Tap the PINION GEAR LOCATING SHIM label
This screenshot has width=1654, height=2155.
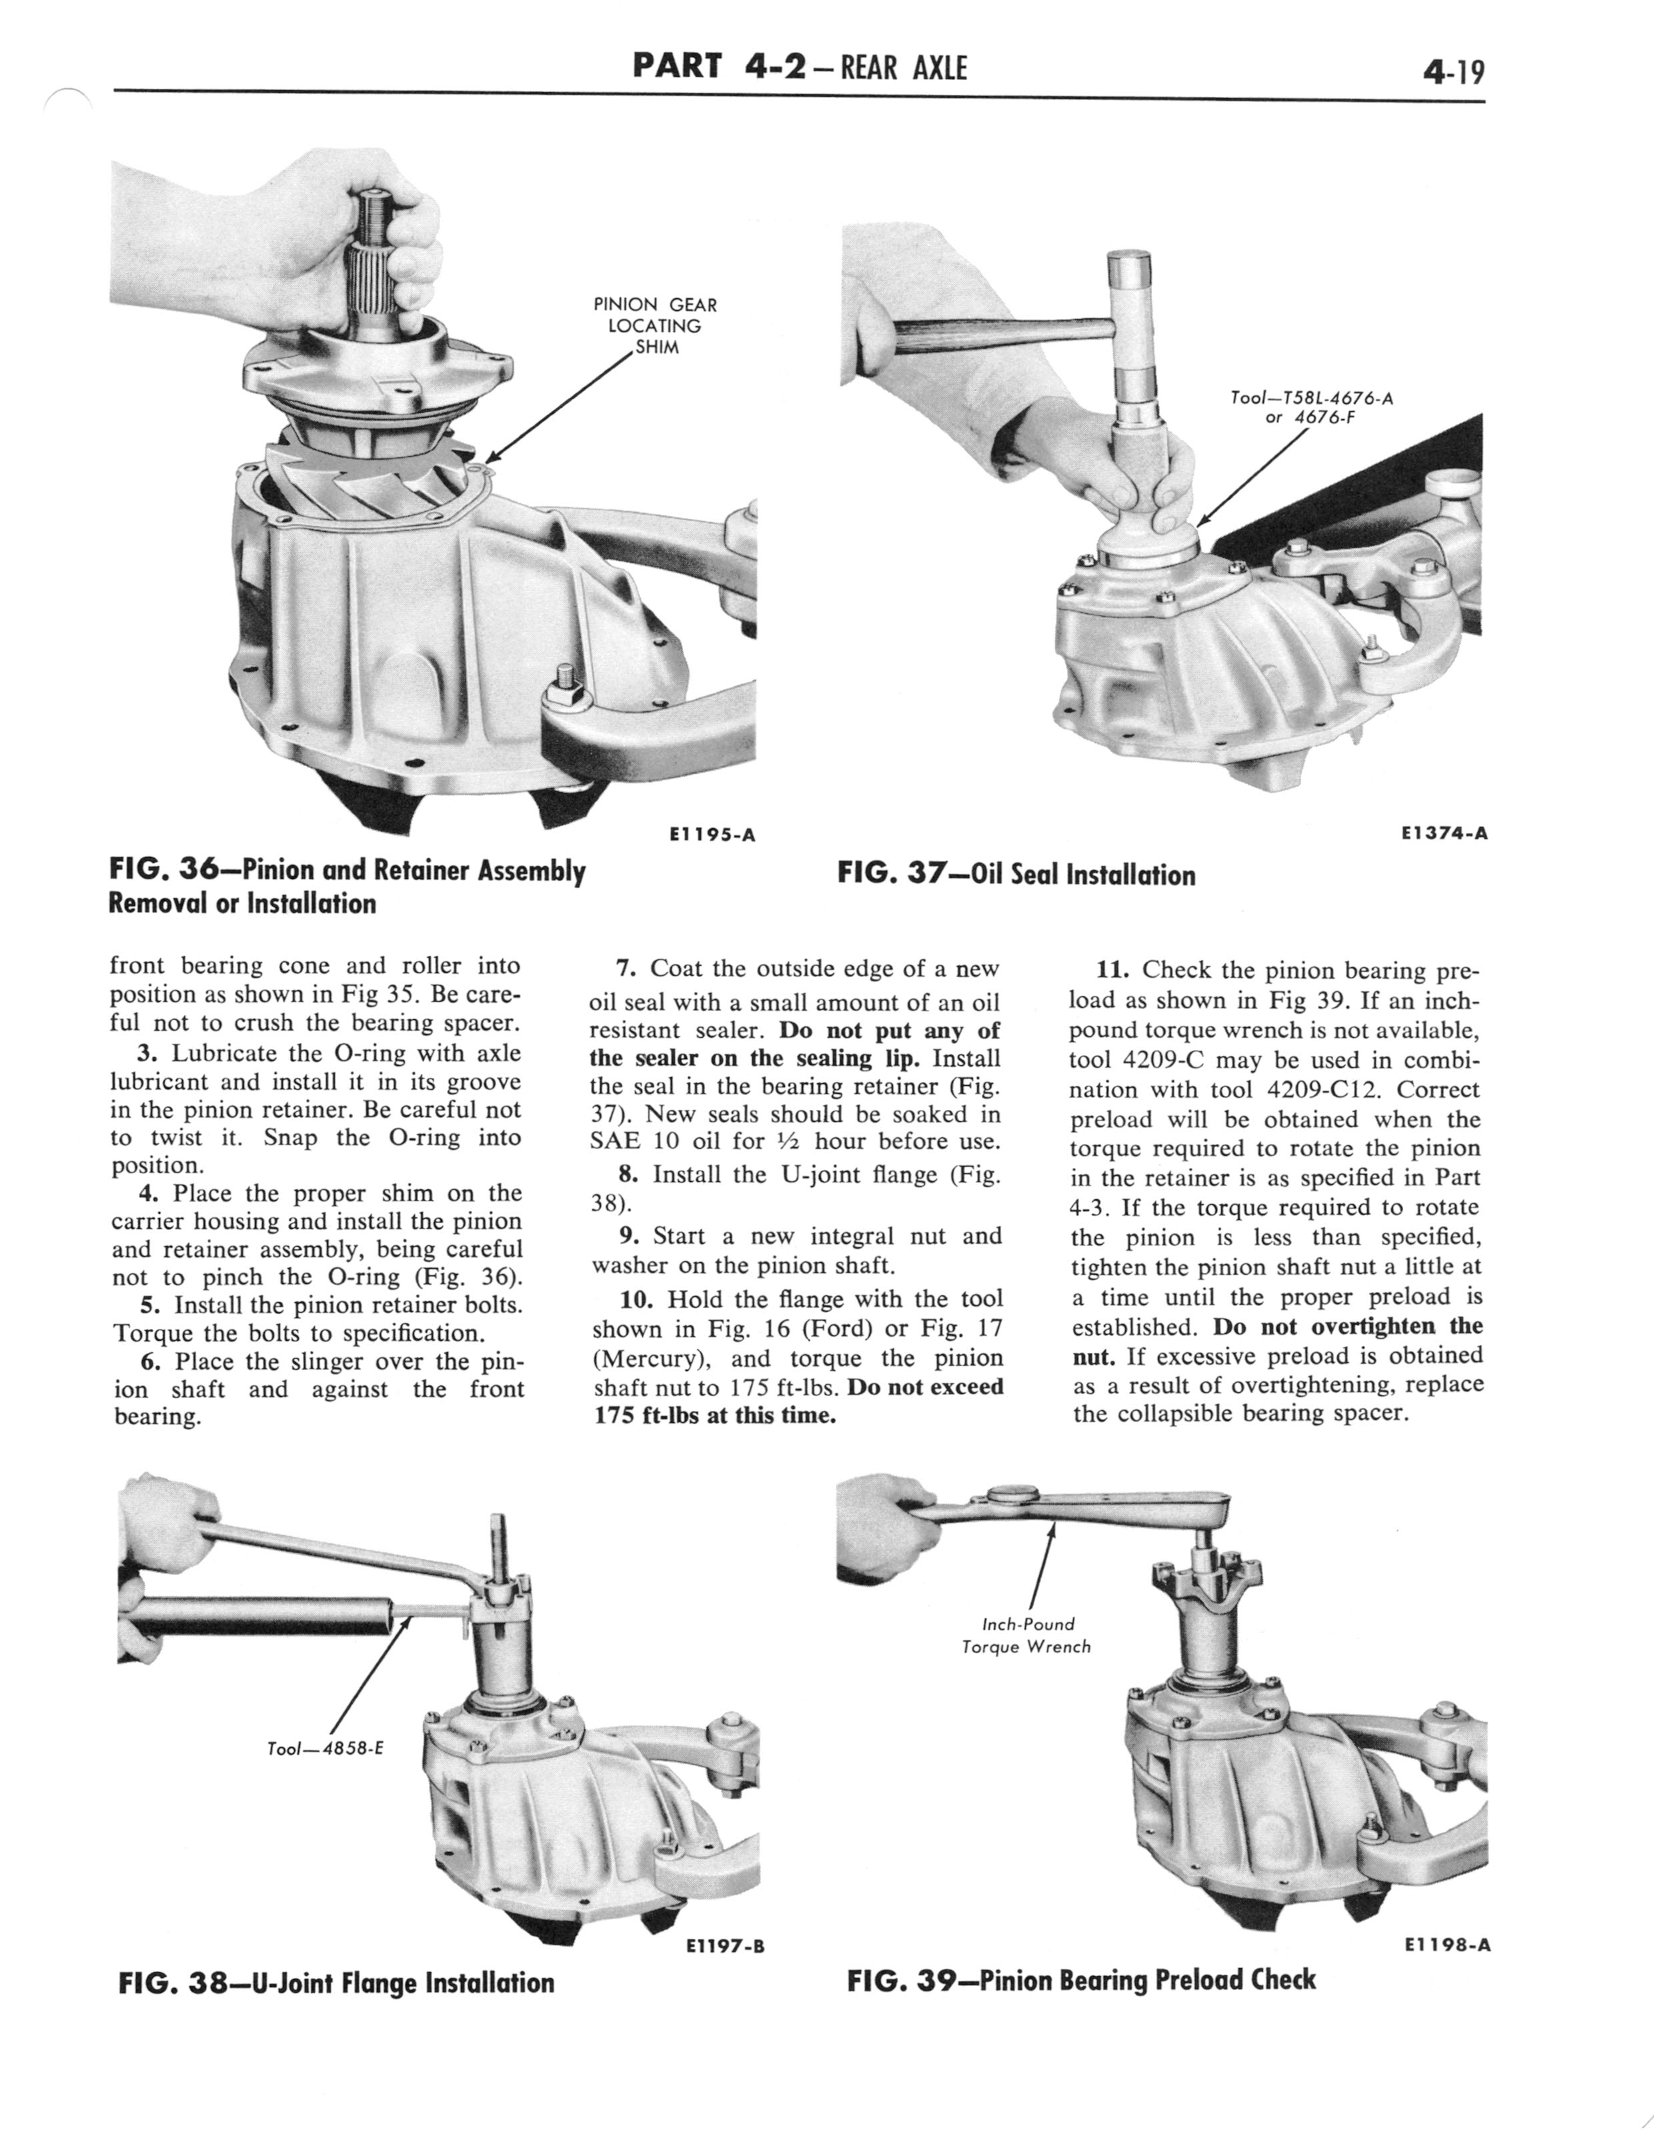pyautogui.click(x=655, y=326)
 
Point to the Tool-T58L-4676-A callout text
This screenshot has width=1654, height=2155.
pyautogui.click(x=1311, y=399)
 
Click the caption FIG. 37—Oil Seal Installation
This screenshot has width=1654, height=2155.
pyautogui.click(x=1016, y=874)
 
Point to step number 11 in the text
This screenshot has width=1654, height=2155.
pyautogui.click(x=1112, y=971)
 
